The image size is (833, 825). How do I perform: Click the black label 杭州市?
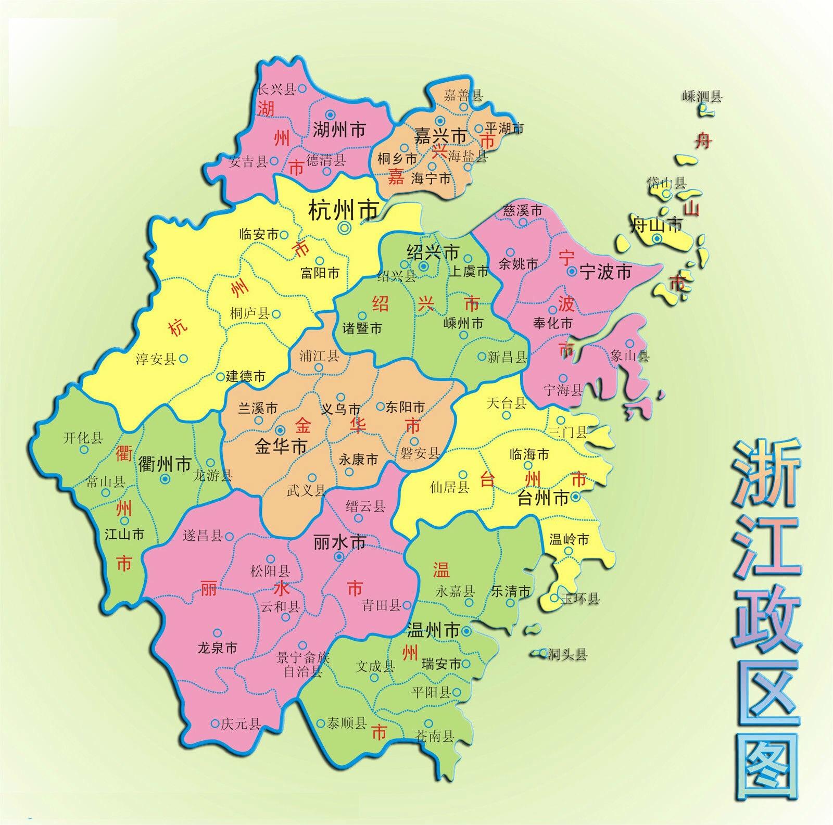tap(343, 211)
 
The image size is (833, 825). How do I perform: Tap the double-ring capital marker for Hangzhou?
tap(344, 227)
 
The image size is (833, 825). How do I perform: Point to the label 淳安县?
tap(156, 359)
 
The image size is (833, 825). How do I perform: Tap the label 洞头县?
tap(567, 654)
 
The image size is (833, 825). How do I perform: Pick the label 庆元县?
tap(241, 724)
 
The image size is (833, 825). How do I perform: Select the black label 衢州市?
tap(165, 464)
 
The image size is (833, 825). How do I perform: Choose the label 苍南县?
tap(434, 735)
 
